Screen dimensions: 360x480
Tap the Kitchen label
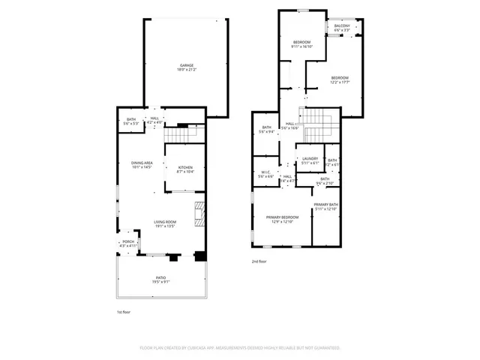tap(185, 168)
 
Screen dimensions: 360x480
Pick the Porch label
tap(129, 242)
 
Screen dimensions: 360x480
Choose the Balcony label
tap(342, 26)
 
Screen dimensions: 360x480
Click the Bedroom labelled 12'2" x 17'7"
tap(340, 79)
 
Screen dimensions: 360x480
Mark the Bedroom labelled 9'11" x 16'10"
tap(301, 43)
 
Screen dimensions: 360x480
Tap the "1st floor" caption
tap(124, 311)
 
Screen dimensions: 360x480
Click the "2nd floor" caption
tap(259, 262)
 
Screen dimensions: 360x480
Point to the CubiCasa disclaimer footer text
tap(240, 348)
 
